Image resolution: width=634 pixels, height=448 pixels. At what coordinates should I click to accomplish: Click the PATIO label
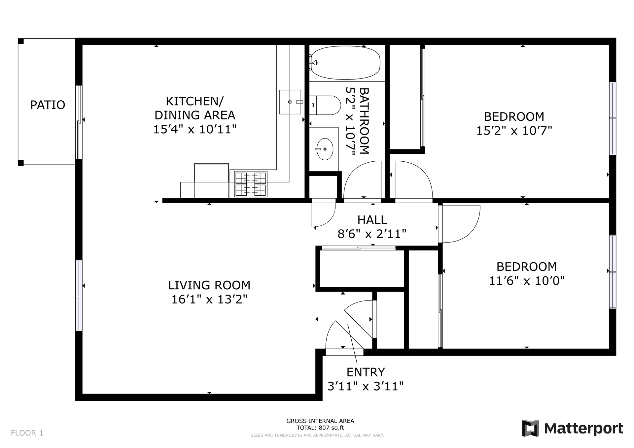coord(48,105)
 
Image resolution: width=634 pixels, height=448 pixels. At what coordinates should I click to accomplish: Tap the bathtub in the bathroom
coord(345,63)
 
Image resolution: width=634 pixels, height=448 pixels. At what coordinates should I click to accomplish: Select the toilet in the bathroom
coord(325,105)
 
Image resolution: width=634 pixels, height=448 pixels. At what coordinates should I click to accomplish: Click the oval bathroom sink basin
coord(325,149)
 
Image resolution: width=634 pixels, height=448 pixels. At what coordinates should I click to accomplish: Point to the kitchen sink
coord(290,102)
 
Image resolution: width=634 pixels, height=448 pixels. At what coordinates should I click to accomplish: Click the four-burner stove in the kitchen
coord(251,184)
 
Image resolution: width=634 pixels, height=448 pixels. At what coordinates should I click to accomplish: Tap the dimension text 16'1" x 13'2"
coord(209,300)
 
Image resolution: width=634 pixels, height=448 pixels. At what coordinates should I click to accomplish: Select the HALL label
coord(372,220)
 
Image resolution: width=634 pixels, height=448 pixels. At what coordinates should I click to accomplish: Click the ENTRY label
coord(366,372)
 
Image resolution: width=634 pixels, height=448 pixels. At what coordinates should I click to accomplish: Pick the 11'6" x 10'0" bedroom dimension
coord(527,281)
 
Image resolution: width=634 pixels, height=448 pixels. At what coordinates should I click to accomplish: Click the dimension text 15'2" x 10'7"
coord(514,131)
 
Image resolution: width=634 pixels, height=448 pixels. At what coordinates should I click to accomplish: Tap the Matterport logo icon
coord(530,428)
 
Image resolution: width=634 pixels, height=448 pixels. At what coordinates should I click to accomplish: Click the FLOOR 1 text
coord(27,433)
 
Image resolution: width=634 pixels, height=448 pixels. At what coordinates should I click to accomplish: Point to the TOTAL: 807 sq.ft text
coord(320,428)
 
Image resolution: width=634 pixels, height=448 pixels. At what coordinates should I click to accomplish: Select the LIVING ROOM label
coord(209,285)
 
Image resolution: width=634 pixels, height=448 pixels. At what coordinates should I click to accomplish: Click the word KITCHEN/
coord(195,101)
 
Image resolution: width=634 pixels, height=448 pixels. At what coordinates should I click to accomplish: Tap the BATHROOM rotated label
coord(364,121)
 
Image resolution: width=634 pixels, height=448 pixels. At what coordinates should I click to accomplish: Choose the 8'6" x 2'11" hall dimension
coord(372,234)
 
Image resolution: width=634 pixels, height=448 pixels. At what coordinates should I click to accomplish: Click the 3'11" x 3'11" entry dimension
coord(366,386)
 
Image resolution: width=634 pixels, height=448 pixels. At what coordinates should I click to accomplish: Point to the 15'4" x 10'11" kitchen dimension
coord(195,129)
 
